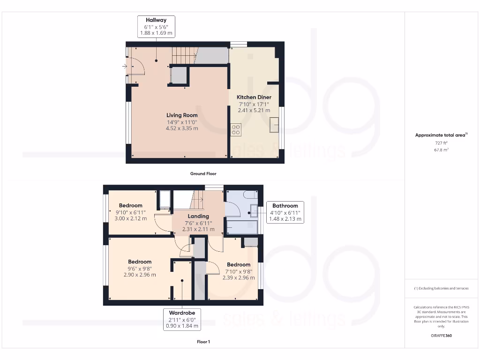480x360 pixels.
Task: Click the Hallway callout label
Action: click(x=156, y=27)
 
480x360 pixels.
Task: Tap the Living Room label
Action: click(x=182, y=115)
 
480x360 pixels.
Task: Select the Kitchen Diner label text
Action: click(x=254, y=97)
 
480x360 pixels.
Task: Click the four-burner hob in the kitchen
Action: click(x=236, y=129)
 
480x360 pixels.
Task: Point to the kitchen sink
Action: click(x=275, y=125)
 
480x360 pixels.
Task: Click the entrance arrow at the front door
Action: click(x=125, y=67)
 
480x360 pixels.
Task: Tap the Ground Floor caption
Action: click(x=203, y=173)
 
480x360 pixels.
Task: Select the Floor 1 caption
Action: click(x=203, y=342)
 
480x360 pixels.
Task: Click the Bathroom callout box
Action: click(x=285, y=212)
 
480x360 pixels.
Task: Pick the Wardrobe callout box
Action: click(x=182, y=319)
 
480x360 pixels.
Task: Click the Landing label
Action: click(x=198, y=216)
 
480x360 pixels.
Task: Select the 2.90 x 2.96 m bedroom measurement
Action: click(x=140, y=275)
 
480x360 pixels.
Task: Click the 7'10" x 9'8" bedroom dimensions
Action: click(x=239, y=271)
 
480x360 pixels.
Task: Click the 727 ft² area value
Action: click(x=441, y=142)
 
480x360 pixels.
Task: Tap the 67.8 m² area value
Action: click(x=441, y=150)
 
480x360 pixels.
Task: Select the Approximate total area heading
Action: click(x=441, y=135)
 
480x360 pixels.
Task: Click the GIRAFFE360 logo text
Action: click(x=441, y=336)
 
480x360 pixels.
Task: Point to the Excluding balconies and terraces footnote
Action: click(x=441, y=288)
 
